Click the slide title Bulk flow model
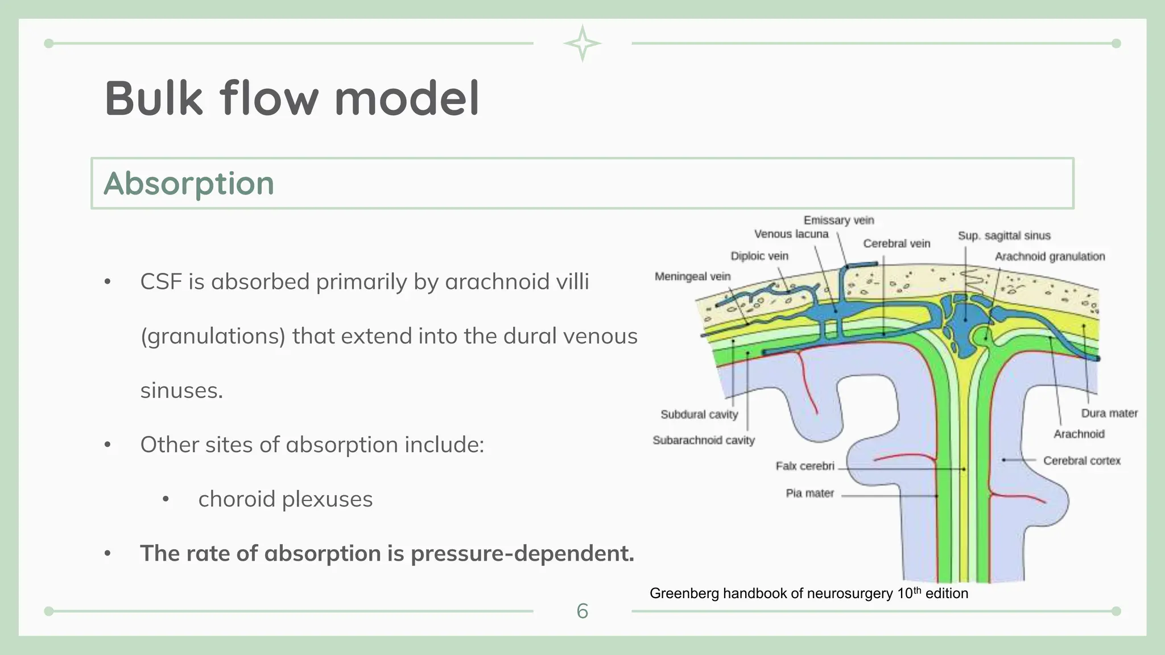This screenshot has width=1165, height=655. click(x=292, y=99)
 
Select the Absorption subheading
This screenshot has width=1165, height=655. click(x=189, y=184)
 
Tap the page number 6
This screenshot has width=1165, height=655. click(x=582, y=611)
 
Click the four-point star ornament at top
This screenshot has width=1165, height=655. click(x=582, y=43)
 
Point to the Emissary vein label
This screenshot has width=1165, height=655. click(x=838, y=220)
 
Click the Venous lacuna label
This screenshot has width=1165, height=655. click(x=791, y=234)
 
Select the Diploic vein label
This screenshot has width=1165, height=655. click(x=759, y=256)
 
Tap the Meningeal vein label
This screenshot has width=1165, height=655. click(x=692, y=276)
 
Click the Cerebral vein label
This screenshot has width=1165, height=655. click(x=897, y=243)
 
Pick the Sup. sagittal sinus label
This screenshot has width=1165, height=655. click(x=1004, y=235)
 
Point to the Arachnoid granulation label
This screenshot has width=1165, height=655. click(x=1050, y=256)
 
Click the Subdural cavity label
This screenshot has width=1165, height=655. click(x=699, y=414)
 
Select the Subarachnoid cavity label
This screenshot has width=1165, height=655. click(x=703, y=440)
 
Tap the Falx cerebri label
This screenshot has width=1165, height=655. click(x=805, y=466)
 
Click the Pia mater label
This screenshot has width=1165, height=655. click(x=809, y=493)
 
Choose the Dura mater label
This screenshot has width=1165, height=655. click(x=1109, y=413)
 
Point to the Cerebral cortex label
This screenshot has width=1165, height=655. click(x=1081, y=461)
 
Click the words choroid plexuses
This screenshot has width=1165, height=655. click(x=285, y=499)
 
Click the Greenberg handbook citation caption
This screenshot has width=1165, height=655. click(x=808, y=593)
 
